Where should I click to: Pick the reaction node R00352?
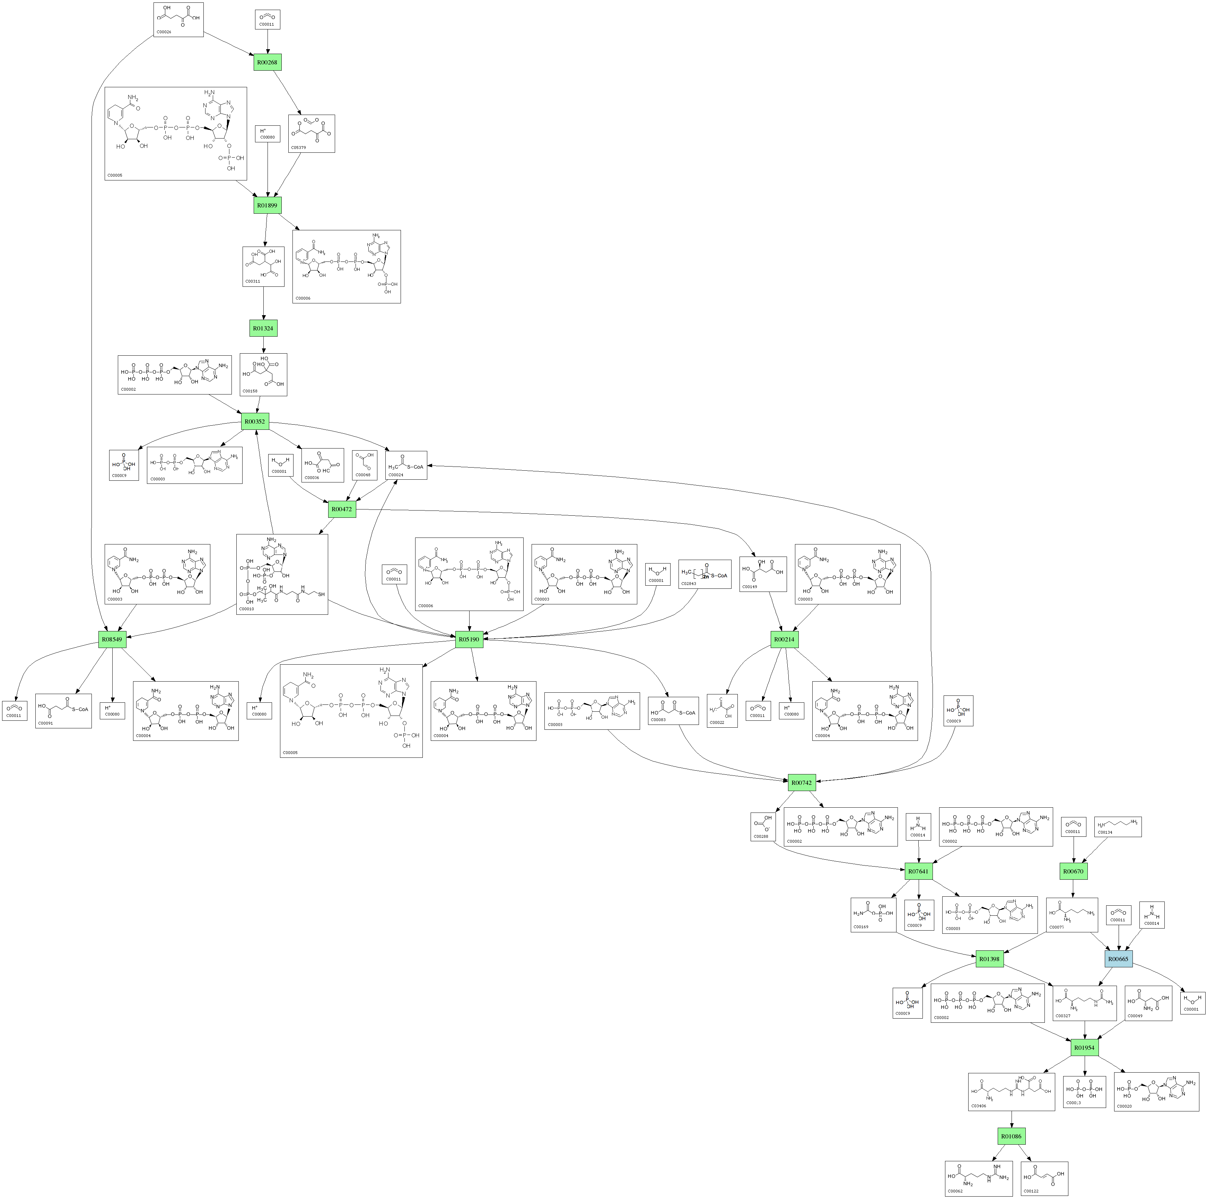click(255, 421)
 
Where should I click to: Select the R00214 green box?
click(784, 639)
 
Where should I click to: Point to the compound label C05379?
click(299, 147)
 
